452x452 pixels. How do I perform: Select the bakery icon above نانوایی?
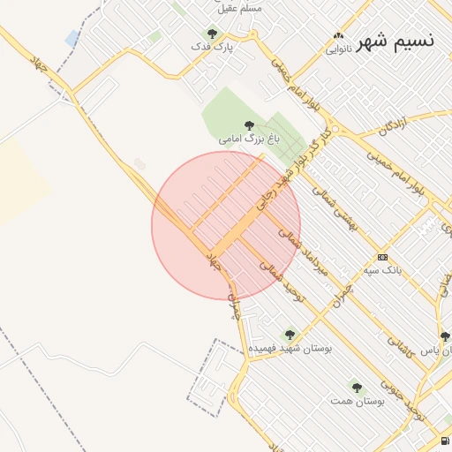[336, 36]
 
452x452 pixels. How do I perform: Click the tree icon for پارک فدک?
[212, 34]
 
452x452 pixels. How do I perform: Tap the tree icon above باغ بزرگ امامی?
[250, 126]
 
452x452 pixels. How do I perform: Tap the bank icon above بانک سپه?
[381, 256]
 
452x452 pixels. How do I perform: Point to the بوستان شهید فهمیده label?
[291, 349]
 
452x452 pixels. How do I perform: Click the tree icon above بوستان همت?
[357, 388]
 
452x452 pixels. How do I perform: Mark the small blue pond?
[72, 38]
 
